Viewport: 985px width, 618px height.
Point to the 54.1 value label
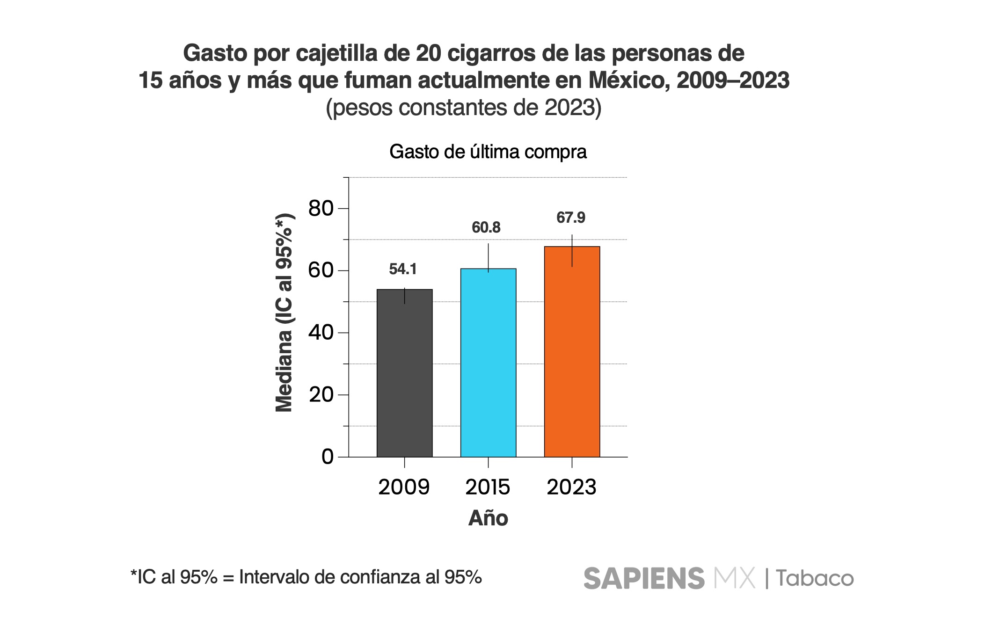pos(403,269)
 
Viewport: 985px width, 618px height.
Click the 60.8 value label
pos(486,227)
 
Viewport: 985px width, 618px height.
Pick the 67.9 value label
pos(570,218)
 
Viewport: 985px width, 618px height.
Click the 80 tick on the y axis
pos(321,208)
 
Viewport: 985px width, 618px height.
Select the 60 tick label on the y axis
pos(321,270)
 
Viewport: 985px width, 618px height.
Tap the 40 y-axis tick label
pos(321,333)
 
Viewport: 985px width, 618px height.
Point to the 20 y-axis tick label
pos(321,395)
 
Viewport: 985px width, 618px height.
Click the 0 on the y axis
pos(328,457)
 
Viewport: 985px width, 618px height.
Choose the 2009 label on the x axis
pos(404,487)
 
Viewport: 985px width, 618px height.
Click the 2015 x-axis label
pos(488,487)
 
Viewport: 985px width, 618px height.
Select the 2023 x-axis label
pos(571,487)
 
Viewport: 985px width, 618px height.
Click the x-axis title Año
pos(488,518)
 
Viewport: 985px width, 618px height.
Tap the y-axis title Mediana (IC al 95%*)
pos(284,313)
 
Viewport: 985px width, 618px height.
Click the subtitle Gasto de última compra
pos(488,152)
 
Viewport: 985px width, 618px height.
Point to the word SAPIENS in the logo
pos(644,578)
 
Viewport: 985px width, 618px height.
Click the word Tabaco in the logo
pos(815,578)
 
